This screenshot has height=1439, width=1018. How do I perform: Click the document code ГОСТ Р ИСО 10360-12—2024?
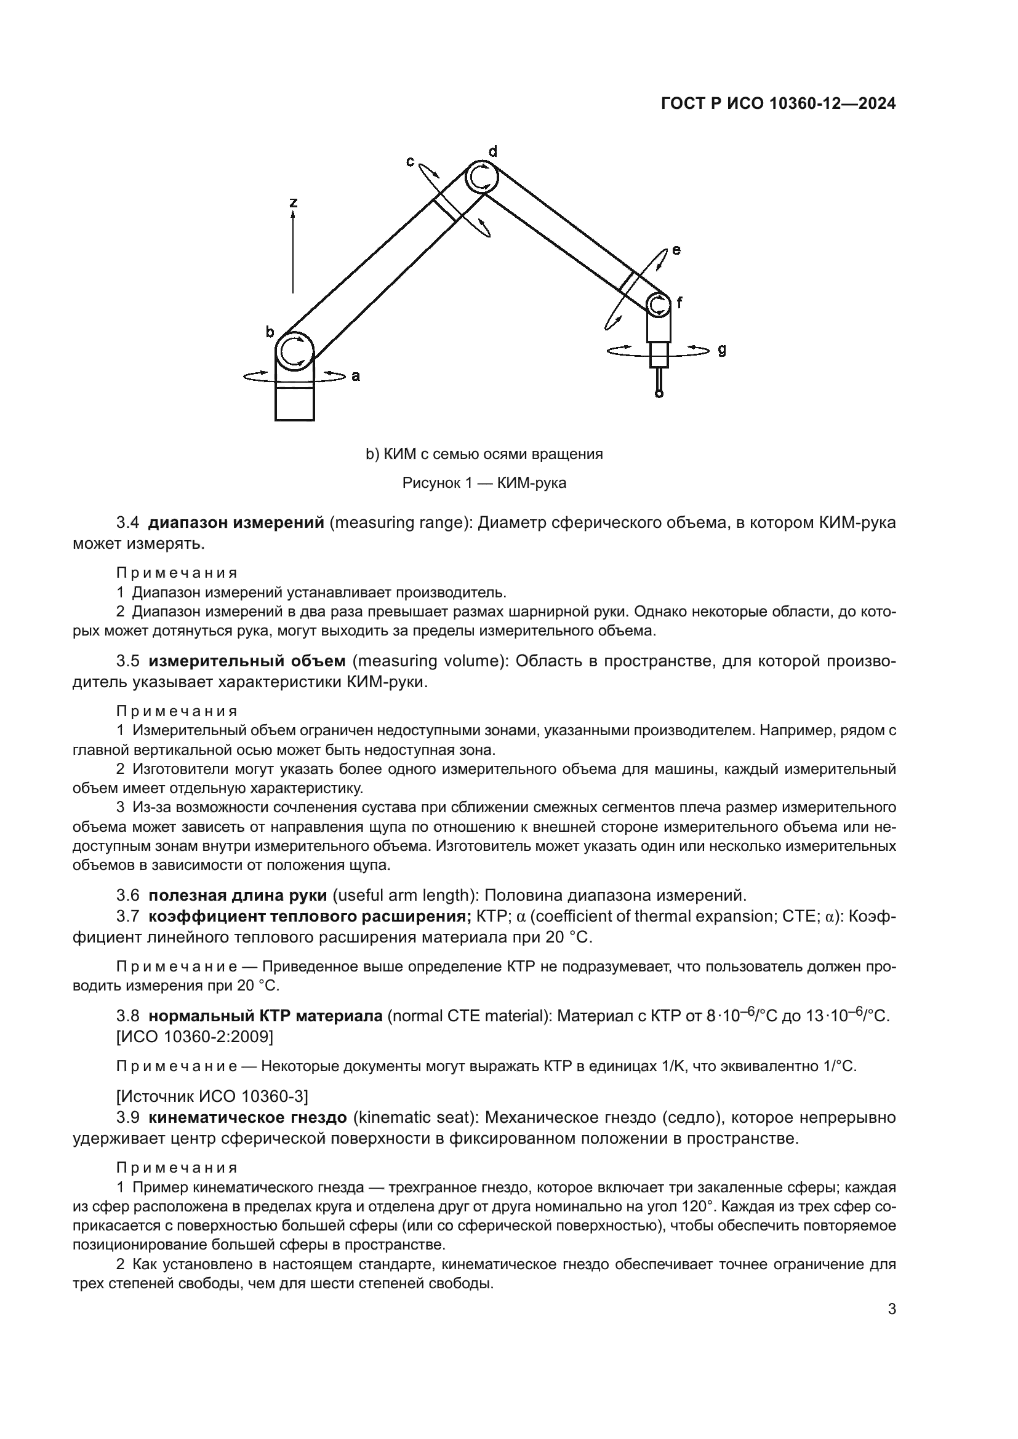point(779,104)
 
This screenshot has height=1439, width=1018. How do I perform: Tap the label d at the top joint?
point(493,151)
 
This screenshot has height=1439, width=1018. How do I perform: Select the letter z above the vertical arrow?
point(293,202)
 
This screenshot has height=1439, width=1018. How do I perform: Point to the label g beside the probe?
point(722,349)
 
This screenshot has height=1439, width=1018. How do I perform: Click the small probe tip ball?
point(659,394)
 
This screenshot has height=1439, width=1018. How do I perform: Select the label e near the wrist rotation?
point(676,249)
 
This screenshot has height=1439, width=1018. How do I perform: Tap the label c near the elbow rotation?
point(410,162)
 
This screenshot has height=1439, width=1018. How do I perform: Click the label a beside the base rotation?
point(355,376)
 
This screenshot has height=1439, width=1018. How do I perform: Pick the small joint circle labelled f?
point(658,305)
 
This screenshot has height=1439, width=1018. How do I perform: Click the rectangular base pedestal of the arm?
point(294,403)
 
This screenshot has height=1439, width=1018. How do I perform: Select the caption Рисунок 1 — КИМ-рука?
point(484,483)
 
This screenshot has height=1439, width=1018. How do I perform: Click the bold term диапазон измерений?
point(236,523)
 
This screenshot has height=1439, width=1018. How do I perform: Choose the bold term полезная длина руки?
point(238,895)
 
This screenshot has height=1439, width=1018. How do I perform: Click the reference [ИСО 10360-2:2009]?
point(195,1037)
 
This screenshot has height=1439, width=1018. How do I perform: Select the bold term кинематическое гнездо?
point(247,1117)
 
